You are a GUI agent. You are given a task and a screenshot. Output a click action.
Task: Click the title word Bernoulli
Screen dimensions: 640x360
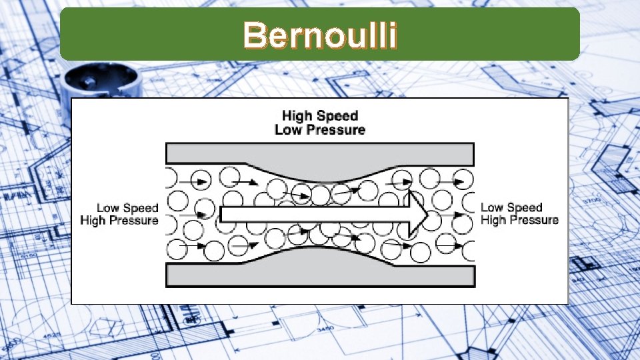point(320,35)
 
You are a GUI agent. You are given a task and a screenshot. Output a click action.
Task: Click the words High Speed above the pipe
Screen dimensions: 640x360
point(320,115)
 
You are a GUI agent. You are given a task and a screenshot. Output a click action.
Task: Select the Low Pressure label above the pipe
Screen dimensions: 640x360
point(320,129)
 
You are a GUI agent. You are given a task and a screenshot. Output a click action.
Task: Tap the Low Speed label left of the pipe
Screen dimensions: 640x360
point(127,208)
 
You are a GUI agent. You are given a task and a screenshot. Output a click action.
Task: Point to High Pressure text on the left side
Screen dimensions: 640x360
point(119,221)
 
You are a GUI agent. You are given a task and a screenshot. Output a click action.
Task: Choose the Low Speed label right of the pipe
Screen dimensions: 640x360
point(511,208)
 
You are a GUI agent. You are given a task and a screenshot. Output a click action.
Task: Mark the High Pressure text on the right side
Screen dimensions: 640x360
point(519,221)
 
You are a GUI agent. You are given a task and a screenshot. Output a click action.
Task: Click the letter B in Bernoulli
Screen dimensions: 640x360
point(254,35)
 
